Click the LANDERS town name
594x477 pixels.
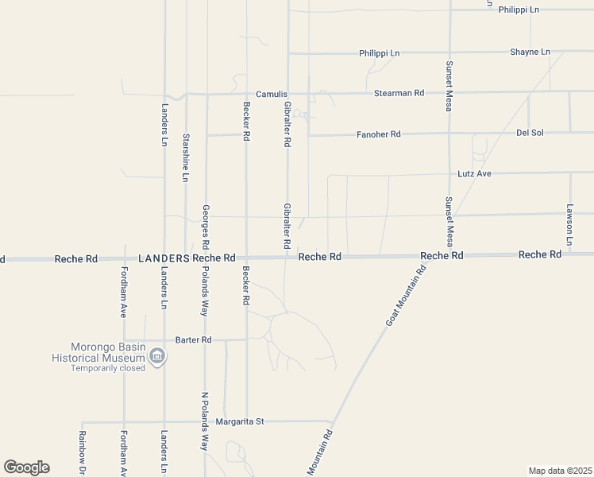point(164,258)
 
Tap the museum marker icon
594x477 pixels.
point(157,355)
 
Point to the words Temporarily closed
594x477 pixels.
point(108,368)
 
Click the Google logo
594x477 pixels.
point(26,467)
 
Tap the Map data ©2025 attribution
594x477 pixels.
point(560,470)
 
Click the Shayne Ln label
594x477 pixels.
point(530,52)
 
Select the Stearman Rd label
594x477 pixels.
point(399,93)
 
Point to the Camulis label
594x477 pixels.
point(271,93)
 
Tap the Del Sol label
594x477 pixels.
point(529,132)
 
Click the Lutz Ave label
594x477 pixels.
point(476,173)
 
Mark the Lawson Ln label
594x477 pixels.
point(569,223)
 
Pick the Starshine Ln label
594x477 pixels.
point(185,157)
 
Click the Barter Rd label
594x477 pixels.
point(195,339)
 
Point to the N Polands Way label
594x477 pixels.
point(204,421)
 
